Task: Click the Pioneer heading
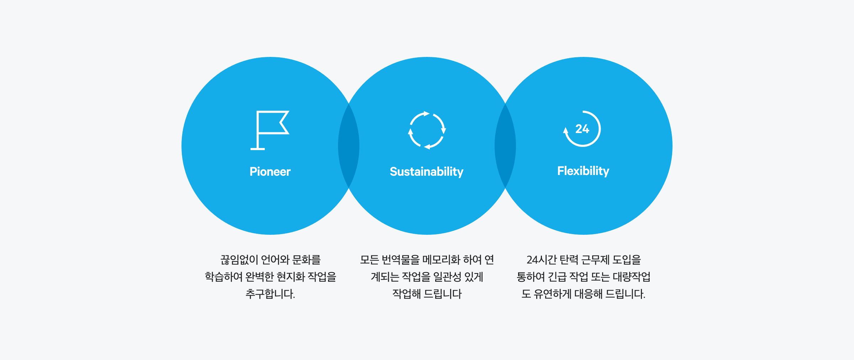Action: pos(270,171)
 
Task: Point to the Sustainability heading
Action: pos(427,172)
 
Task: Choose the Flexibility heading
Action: pos(583,171)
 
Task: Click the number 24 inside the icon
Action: pos(582,129)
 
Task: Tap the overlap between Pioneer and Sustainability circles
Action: pos(349,146)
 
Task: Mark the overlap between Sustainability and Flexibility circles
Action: pos(505,146)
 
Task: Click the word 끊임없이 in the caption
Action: pos(239,260)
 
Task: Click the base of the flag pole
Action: pos(258,149)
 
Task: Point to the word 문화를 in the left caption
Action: pos(306,260)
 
